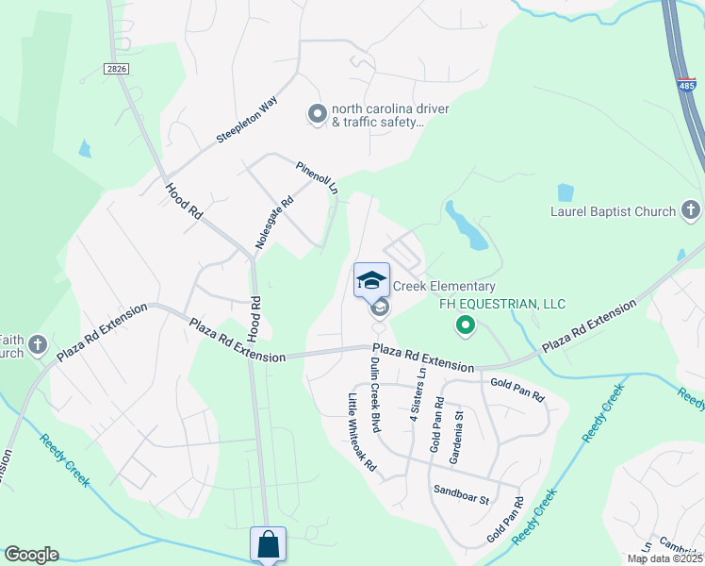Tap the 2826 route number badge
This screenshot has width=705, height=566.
pyautogui.click(x=115, y=69)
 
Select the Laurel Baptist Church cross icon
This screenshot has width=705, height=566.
pyautogui.click(x=690, y=210)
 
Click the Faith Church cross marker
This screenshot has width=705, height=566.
pyautogui.click(x=38, y=346)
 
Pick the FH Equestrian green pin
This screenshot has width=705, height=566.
pyautogui.click(x=465, y=326)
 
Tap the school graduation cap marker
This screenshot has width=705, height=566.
pyautogui.click(x=372, y=280)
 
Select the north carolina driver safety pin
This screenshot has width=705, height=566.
pyautogui.click(x=318, y=114)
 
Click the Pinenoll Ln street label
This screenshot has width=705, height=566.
pyautogui.click(x=317, y=176)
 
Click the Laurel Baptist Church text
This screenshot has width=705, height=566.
pyautogui.click(x=614, y=211)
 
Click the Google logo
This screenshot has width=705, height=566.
pyautogui.click(x=31, y=555)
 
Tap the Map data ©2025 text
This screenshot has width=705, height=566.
pyautogui.click(x=664, y=558)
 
